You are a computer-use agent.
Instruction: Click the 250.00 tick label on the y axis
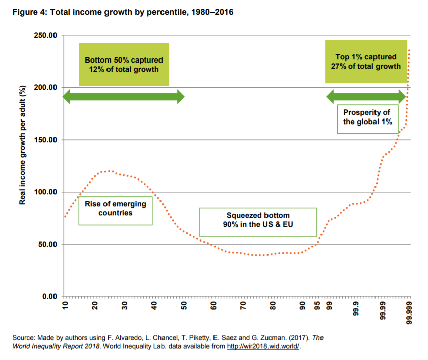coord(45,35)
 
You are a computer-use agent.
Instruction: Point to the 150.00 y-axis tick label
coord(45,140)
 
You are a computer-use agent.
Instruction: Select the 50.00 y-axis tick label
coord(47,245)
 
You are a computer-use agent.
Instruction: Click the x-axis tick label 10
coord(65,306)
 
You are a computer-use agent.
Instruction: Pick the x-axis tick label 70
coord(243,306)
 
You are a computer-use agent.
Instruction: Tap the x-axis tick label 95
coord(317,306)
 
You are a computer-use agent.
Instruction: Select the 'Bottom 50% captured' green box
coord(124,64)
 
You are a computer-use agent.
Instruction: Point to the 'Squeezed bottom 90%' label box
coord(258,222)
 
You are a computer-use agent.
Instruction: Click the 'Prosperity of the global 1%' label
coord(367,118)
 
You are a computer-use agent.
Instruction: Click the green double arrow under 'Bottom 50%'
coord(124,97)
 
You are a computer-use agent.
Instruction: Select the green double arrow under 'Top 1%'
coord(366,97)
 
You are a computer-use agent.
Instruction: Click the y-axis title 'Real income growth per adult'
coord(22,145)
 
